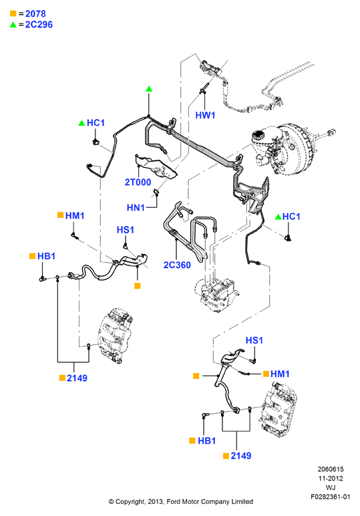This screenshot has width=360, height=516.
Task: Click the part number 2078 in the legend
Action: click(35, 14)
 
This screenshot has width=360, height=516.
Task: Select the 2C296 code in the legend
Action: click(39, 25)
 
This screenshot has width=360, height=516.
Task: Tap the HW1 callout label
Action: click(205, 115)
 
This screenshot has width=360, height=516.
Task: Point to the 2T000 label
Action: click(138, 182)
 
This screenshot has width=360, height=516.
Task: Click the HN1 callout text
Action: click(136, 208)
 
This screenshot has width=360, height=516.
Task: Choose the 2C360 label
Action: click(177, 265)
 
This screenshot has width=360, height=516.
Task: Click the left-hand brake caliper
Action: click(116, 336)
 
